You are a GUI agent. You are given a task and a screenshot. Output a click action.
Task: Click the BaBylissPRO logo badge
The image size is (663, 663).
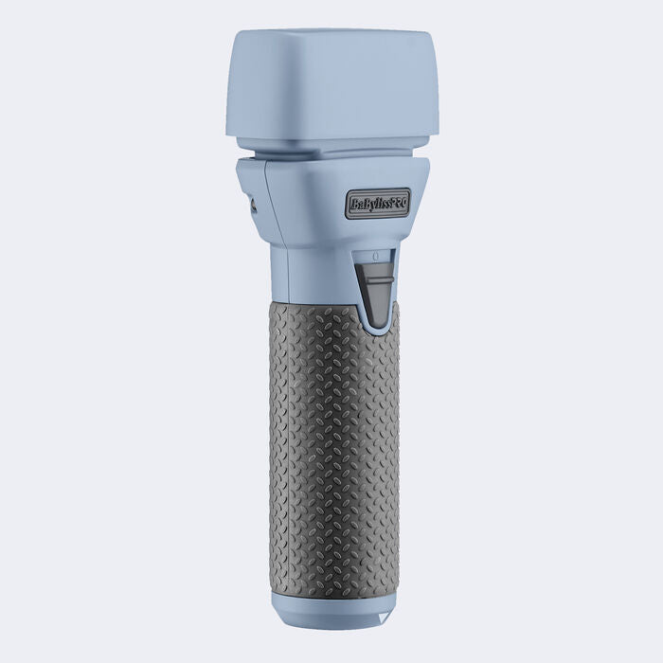pos(378,204)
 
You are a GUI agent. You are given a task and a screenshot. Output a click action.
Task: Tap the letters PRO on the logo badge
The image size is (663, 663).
pos(398,203)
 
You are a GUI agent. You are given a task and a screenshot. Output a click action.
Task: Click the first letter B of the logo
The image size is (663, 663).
pos(352,205)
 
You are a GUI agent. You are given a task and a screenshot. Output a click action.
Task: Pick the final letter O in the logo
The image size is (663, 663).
pos(404,203)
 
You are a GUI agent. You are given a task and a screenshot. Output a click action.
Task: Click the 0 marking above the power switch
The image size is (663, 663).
pos(375,256)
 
